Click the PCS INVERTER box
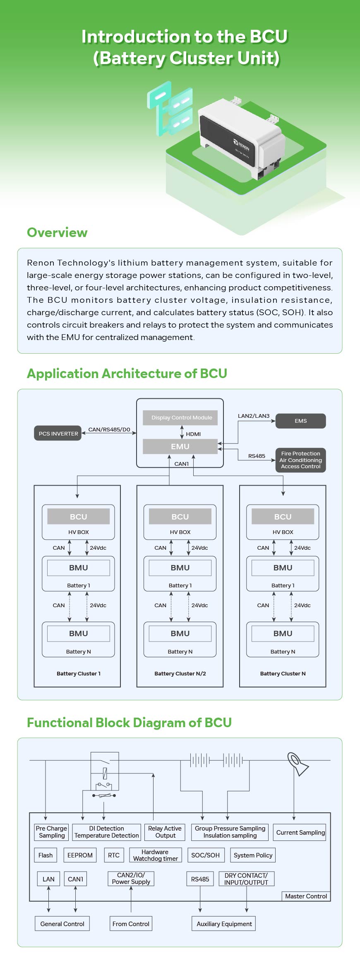(58, 433)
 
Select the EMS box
(301, 421)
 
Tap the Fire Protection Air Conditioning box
(301, 460)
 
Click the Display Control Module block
(182, 418)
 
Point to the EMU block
(180, 447)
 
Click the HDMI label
(193, 434)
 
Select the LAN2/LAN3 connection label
(254, 416)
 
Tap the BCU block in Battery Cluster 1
(79, 517)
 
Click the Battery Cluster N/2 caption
(180, 674)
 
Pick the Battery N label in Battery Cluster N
(283, 652)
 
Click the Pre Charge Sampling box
(51, 832)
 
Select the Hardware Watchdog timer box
(155, 855)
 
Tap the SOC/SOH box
(206, 855)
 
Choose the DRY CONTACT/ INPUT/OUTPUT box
(246, 879)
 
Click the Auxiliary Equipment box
(224, 924)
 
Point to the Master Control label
(306, 896)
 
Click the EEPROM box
(80, 855)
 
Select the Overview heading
(57, 232)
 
